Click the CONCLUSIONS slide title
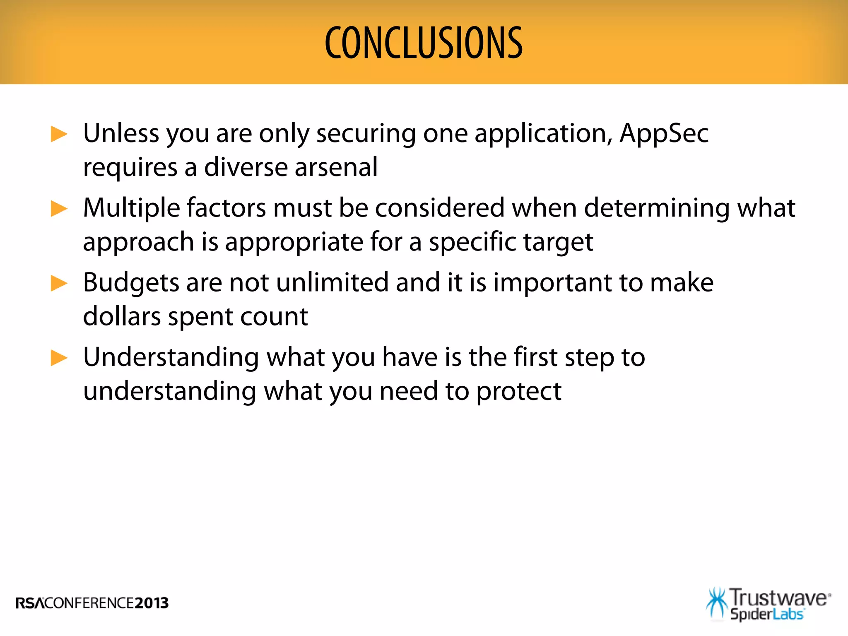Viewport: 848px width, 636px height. [x=424, y=43]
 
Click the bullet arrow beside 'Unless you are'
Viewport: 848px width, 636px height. [x=59, y=135]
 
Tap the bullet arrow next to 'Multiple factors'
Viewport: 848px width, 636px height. [x=59, y=208]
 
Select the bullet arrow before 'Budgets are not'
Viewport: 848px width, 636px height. [x=59, y=283]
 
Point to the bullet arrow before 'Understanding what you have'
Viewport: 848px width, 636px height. [x=59, y=358]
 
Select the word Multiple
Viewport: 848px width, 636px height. [x=131, y=208]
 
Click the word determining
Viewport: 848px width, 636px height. [x=657, y=208]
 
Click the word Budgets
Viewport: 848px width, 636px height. [x=131, y=283]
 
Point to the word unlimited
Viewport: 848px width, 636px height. [x=332, y=283]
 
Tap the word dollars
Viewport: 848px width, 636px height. [x=122, y=317]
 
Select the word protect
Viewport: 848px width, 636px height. [x=518, y=392]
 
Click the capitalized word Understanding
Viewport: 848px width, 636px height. [x=171, y=358]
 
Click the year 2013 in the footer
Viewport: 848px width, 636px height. [x=152, y=603]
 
